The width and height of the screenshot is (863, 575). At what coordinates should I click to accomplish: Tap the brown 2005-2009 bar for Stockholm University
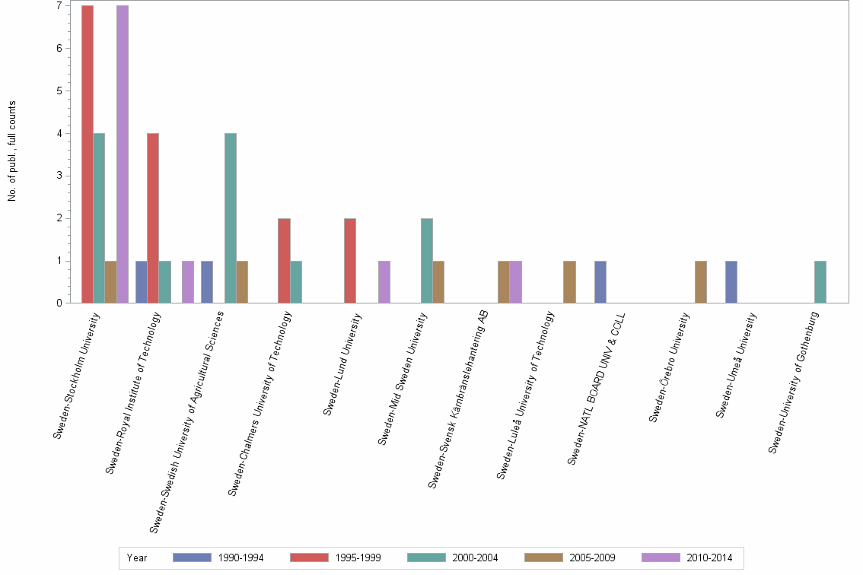(111, 282)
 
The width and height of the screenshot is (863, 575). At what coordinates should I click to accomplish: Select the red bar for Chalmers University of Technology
(285, 261)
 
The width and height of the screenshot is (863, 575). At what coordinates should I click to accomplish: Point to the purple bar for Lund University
(384, 282)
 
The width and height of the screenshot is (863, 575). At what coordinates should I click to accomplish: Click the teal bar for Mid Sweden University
(427, 261)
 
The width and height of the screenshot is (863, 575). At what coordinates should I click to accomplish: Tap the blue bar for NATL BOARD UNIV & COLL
(600, 282)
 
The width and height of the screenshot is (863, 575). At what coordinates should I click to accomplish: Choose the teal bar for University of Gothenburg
(820, 282)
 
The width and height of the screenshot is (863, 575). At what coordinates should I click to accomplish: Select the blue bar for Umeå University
(731, 282)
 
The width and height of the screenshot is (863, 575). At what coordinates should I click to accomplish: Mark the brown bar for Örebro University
(701, 282)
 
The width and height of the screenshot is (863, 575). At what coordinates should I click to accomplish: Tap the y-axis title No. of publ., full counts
(12, 151)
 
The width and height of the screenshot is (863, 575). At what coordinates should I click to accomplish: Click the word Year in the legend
(138, 558)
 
